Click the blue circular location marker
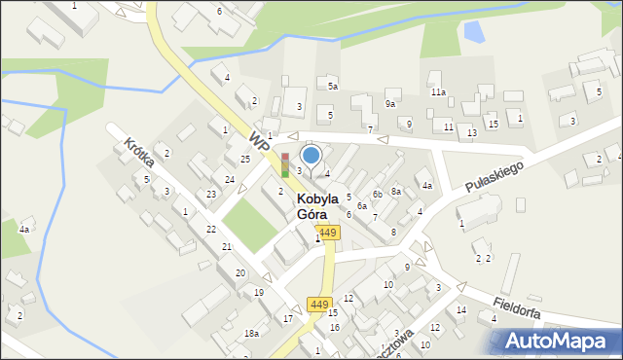311,155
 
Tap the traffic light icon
285,163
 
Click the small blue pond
473,33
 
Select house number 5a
332,87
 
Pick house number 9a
390,103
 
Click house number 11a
439,91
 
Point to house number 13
472,132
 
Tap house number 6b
377,194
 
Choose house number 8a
396,192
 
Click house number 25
245,159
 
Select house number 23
211,195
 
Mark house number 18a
251,334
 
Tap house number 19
259,293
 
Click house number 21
227,247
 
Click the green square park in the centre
250,226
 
